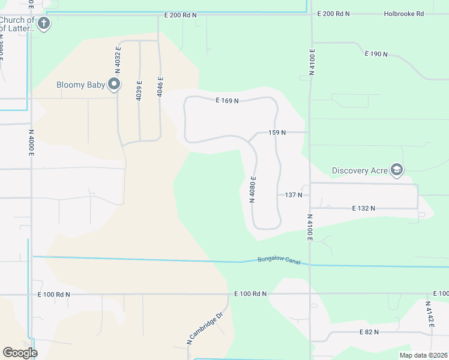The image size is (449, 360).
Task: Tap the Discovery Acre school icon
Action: [396, 170]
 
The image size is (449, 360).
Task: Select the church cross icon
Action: [43, 24]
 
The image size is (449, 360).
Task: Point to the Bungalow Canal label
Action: [278, 260]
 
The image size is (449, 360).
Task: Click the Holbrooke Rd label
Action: [404, 14]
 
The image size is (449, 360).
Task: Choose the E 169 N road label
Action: [228, 101]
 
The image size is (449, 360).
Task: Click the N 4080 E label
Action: [253, 190]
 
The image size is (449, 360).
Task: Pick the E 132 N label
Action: [363, 208]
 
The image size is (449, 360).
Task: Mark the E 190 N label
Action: [376, 54]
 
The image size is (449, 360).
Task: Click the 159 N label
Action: [277, 132]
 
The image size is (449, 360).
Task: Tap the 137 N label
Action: [293, 195]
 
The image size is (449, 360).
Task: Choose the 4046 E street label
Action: [160, 87]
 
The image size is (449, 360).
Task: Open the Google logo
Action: [20, 353]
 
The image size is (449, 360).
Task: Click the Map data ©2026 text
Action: [423, 355]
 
